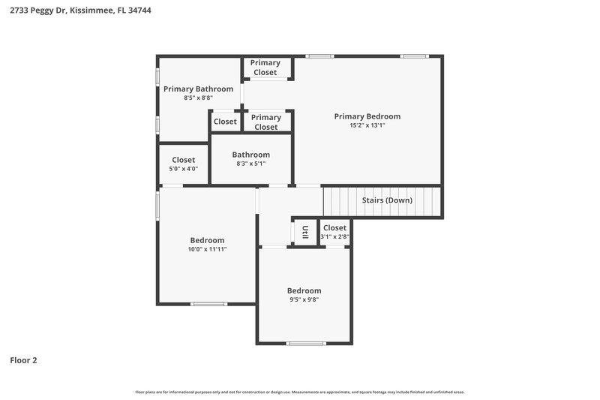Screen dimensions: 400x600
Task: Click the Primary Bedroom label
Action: coord(367,116)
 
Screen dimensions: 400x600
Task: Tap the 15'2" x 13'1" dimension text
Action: coord(367,125)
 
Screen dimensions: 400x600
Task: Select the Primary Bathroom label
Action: coord(198,89)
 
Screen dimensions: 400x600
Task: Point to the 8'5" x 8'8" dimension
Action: coord(198,98)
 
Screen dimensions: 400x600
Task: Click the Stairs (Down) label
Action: coord(387,201)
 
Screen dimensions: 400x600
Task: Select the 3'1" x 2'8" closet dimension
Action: coord(334,236)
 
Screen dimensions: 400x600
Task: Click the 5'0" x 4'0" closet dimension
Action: coord(184,169)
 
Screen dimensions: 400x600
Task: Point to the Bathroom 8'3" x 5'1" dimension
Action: coord(250,164)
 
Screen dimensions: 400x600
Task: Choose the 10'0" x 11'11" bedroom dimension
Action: coord(207,249)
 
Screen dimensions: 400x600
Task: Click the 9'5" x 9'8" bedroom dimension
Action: coord(304,299)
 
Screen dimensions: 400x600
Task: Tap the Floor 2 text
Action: coord(23,360)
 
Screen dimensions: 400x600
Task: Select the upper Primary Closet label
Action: coord(265,68)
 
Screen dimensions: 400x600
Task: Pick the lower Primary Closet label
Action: coord(265,122)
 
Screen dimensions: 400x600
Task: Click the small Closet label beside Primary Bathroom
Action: coord(225,122)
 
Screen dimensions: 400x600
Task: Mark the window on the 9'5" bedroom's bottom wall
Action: coord(306,344)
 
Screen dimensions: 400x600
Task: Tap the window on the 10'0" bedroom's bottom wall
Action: coord(208,304)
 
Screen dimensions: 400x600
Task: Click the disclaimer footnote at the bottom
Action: coord(300,392)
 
